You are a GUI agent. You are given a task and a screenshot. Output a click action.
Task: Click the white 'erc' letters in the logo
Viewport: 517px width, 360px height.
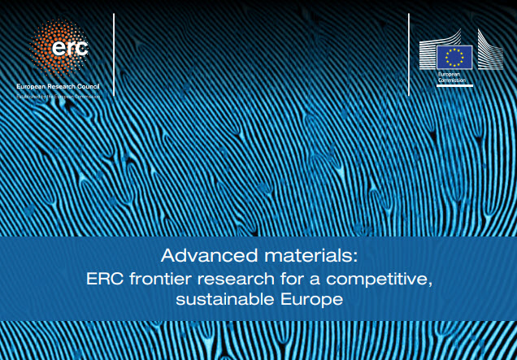(69, 48)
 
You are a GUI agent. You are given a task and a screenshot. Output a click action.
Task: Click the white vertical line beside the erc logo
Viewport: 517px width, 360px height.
(115, 53)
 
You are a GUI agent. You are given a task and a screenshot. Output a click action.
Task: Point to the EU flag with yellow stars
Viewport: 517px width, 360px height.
(454, 57)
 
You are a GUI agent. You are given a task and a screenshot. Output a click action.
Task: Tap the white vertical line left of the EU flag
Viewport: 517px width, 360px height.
(408, 53)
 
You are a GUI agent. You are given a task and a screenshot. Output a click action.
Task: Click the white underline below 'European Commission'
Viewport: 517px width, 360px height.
(454, 85)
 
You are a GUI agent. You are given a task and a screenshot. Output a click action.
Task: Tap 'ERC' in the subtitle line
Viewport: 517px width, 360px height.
(104, 280)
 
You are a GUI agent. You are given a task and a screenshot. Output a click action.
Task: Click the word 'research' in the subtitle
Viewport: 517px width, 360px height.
(230, 280)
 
